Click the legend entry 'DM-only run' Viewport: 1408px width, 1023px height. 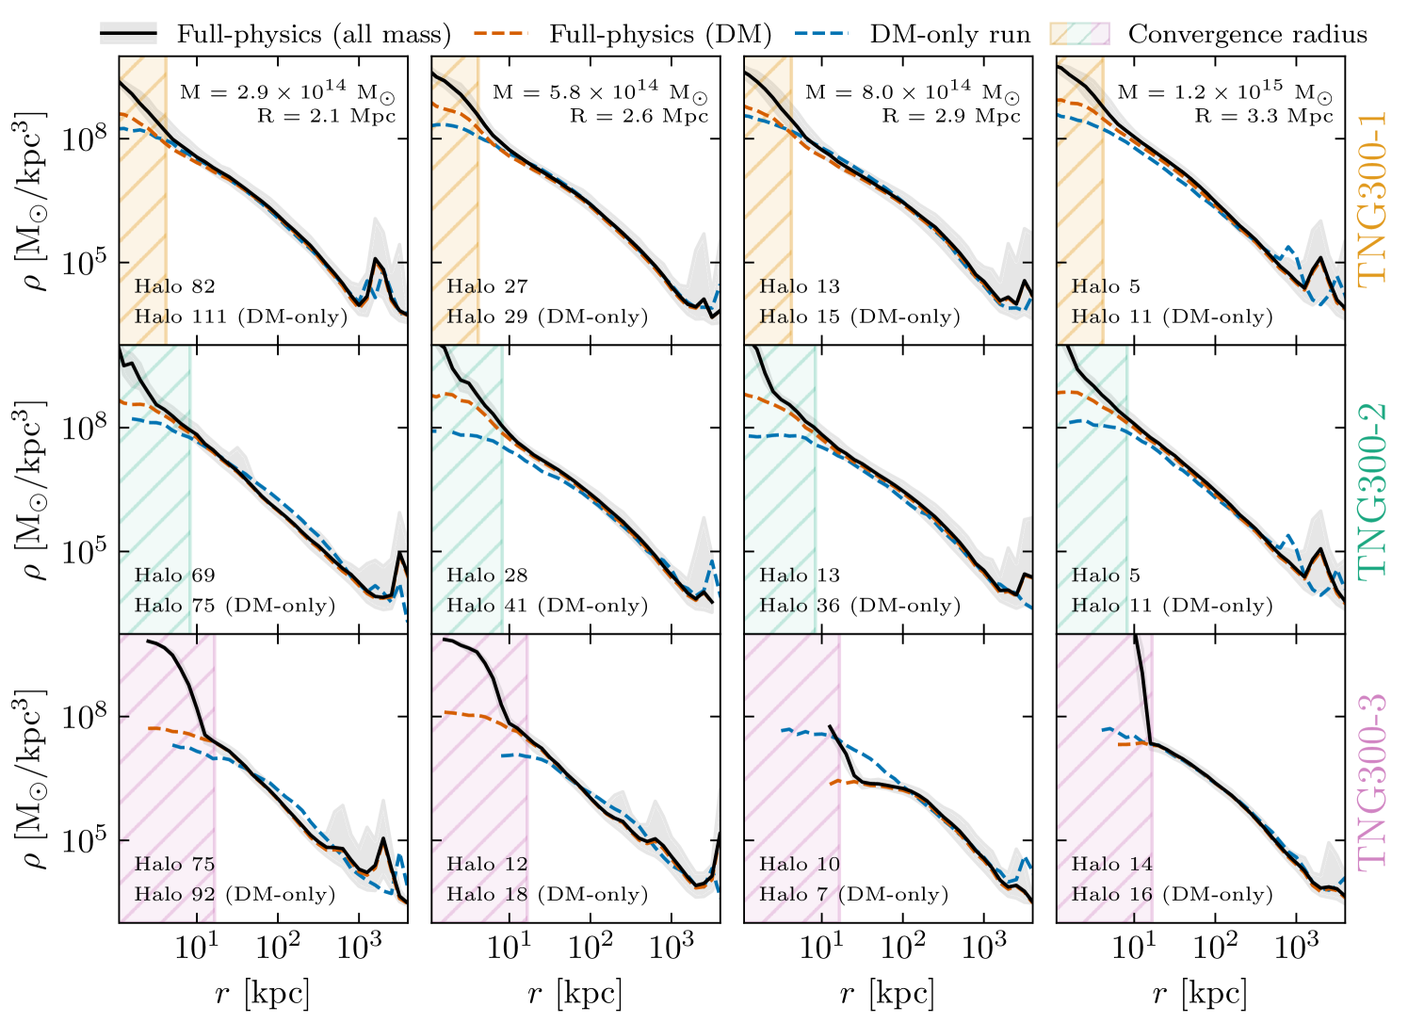tap(950, 35)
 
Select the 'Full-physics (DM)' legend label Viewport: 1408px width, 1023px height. tap(660, 35)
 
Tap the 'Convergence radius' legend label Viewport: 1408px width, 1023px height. tap(1247, 35)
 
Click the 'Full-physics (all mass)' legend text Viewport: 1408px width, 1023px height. tap(314, 35)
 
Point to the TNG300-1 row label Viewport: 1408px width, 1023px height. tap(1372, 201)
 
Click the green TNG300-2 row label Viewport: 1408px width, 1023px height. tap(1372, 489)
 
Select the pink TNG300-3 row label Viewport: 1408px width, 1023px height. tap(1372, 779)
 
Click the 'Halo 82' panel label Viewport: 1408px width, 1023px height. tap(174, 286)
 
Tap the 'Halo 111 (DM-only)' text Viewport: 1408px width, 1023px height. tap(240, 317)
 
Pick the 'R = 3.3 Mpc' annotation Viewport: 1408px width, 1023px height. tap(1264, 116)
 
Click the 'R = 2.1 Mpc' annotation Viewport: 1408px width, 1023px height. tap(326, 116)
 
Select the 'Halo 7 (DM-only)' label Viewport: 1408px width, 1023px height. tap(853, 894)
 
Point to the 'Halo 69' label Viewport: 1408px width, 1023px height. tap(174, 576)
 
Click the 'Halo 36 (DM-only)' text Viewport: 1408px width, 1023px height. tap(860, 606)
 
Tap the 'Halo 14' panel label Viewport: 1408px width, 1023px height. tap(1111, 864)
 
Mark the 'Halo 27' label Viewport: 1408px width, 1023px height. tap(487, 286)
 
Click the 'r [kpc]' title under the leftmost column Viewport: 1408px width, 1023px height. tap(263, 993)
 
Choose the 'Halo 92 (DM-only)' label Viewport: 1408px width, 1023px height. tap(235, 894)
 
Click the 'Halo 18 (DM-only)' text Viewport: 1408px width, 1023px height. tap(547, 894)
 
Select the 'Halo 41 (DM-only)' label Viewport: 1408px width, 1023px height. tap(547, 606)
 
